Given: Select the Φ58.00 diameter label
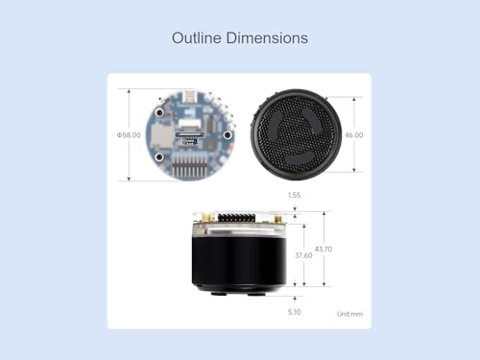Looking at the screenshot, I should [x=129, y=135].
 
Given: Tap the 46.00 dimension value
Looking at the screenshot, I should [x=353, y=135].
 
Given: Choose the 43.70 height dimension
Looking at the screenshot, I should [x=326, y=250].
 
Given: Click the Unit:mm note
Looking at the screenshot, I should [x=350, y=314].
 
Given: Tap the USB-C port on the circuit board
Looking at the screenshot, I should [x=192, y=96].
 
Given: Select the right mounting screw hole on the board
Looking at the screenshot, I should [x=228, y=135].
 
